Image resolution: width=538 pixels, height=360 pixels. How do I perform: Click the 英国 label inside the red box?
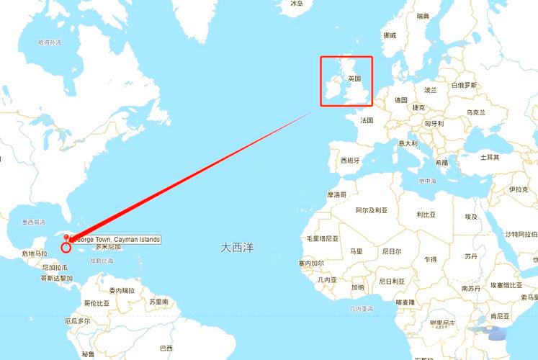[354, 78]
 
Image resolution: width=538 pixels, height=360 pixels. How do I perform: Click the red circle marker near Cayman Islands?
[66, 248]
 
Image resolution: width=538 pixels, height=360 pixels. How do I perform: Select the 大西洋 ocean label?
[237, 247]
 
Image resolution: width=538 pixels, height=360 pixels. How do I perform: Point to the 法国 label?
[367, 120]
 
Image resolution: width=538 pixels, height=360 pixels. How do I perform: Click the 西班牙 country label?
[350, 161]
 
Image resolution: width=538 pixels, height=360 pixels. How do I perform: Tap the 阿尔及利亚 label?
[372, 210]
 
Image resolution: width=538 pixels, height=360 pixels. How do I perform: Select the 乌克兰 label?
[476, 112]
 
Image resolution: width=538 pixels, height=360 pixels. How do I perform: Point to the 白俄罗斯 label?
[465, 85]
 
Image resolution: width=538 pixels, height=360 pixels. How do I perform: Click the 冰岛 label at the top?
[297, 4]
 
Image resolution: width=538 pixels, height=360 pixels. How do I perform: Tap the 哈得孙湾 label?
[50, 42]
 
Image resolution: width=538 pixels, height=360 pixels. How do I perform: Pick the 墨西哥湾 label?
[34, 222]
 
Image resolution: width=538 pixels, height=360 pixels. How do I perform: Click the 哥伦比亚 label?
[97, 303]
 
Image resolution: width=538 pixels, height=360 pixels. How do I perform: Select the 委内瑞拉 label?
[122, 290]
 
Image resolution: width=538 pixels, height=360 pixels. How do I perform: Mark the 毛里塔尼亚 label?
[323, 238]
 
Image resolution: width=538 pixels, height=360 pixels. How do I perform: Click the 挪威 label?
[390, 35]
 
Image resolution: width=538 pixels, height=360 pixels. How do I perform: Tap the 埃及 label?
[471, 217]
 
